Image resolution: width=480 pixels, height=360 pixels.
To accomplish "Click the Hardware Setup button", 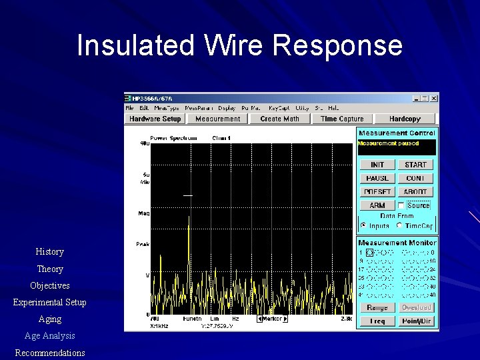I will pos(155,119).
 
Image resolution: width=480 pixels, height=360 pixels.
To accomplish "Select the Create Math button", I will pos(279,119).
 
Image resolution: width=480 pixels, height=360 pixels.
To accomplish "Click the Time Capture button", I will pos(342,119).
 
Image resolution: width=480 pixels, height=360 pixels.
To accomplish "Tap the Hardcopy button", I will pos(405,119).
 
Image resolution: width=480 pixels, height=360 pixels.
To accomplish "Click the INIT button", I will pos(377,165).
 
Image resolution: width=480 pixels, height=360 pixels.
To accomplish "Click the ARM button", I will pos(377,205).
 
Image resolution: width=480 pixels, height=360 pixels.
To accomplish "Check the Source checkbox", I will pos(401,205).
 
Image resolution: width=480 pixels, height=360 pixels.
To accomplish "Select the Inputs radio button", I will pos(364,225).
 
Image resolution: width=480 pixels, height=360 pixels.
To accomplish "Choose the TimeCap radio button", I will pos(399,225).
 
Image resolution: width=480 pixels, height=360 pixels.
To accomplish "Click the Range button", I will pos(377,307).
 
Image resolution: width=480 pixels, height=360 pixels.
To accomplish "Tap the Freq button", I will pos(377,321).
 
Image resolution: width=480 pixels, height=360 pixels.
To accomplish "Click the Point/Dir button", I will pos(416,321).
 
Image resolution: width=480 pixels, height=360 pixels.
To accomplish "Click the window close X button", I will pos(435,98).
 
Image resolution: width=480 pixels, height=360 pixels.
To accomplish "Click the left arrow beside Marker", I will pos(259,319).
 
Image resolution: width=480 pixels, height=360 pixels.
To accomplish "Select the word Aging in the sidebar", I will pos(50,319).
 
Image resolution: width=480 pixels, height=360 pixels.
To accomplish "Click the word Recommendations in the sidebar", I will pos(50,353).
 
